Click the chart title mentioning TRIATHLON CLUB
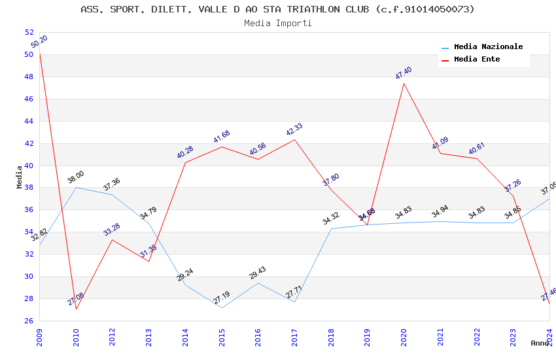(x=277, y=9)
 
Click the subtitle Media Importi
(x=277, y=24)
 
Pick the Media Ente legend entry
(x=477, y=60)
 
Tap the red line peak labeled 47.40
(x=404, y=83)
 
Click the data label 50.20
(x=39, y=43)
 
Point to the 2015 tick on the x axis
(x=222, y=333)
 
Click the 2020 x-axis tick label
(x=404, y=333)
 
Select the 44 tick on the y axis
(x=29, y=121)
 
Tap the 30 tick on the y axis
(x=29, y=276)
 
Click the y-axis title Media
(x=20, y=177)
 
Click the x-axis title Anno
(x=540, y=343)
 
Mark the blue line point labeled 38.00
(x=76, y=187)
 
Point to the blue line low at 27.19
(x=222, y=308)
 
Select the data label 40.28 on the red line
(x=185, y=153)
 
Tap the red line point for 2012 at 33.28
(x=113, y=240)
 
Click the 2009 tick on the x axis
(x=39, y=333)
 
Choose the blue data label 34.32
(x=331, y=219)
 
